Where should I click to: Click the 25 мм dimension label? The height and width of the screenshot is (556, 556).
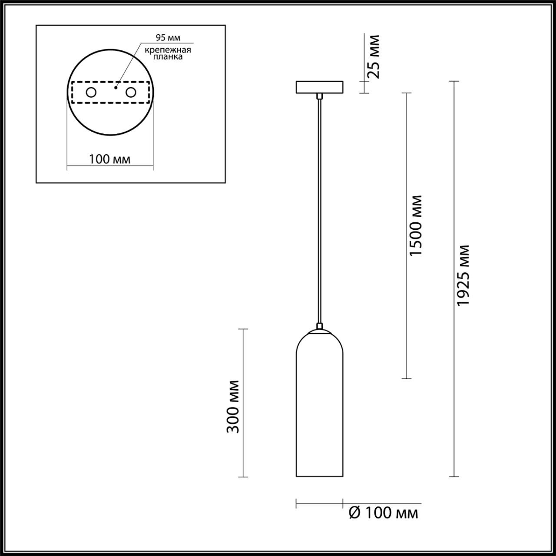(x=373, y=56)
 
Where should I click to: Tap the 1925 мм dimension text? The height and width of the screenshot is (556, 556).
(x=464, y=275)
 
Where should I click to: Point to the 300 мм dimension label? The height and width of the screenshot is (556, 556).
(x=233, y=406)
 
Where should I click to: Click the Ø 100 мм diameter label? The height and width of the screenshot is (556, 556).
(x=384, y=513)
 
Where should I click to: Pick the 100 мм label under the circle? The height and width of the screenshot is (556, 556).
(x=109, y=159)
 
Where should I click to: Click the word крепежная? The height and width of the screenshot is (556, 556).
(x=168, y=50)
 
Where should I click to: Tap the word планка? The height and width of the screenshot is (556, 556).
(x=168, y=57)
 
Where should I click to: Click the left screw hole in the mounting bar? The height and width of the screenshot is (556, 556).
(x=91, y=93)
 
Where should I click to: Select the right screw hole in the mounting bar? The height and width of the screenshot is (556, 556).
(x=130, y=93)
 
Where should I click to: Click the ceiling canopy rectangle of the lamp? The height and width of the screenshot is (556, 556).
(x=319, y=87)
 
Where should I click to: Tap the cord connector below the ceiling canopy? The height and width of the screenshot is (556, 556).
(x=319, y=96)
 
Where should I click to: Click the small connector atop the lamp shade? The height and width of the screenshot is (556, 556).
(x=319, y=326)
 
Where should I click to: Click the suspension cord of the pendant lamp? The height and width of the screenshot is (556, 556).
(x=319, y=208)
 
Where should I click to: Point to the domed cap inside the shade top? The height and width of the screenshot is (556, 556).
(x=319, y=332)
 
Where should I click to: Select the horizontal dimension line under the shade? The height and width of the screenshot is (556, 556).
(x=319, y=504)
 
